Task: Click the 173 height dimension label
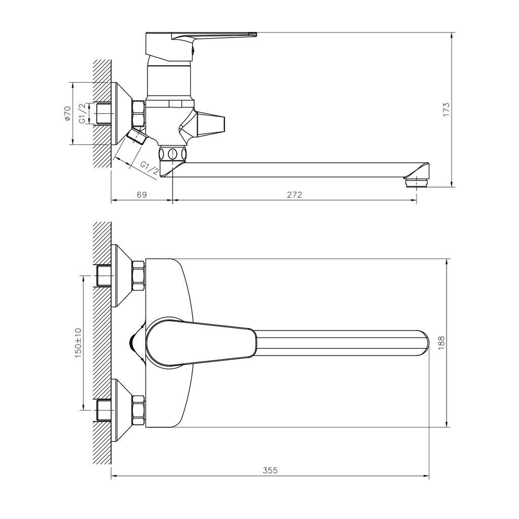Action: (x=447, y=109)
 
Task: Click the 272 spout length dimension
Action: (x=294, y=195)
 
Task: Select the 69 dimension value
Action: (x=142, y=195)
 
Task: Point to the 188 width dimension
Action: (x=441, y=343)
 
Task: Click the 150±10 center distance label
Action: (x=78, y=343)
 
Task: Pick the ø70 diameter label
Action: (x=67, y=113)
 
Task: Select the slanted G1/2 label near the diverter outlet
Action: (x=150, y=168)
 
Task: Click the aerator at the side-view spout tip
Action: (x=416, y=182)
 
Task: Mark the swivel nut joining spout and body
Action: (x=172, y=154)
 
